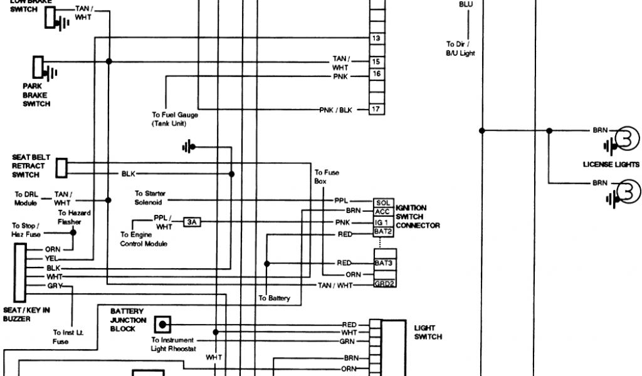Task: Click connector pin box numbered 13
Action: coord(376,38)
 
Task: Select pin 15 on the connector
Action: coord(376,62)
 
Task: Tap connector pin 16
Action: coord(376,75)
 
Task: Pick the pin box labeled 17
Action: coord(376,110)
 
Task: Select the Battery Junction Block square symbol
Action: coord(163,325)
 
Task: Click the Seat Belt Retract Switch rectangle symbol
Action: coord(61,167)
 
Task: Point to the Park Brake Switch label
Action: coord(36,95)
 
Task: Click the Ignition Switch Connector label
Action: coord(418,216)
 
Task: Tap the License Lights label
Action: coord(610,165)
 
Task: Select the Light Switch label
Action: coord(428,332)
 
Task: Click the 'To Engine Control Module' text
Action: coord(144,239)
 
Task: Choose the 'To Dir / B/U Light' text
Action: coord(460,49)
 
